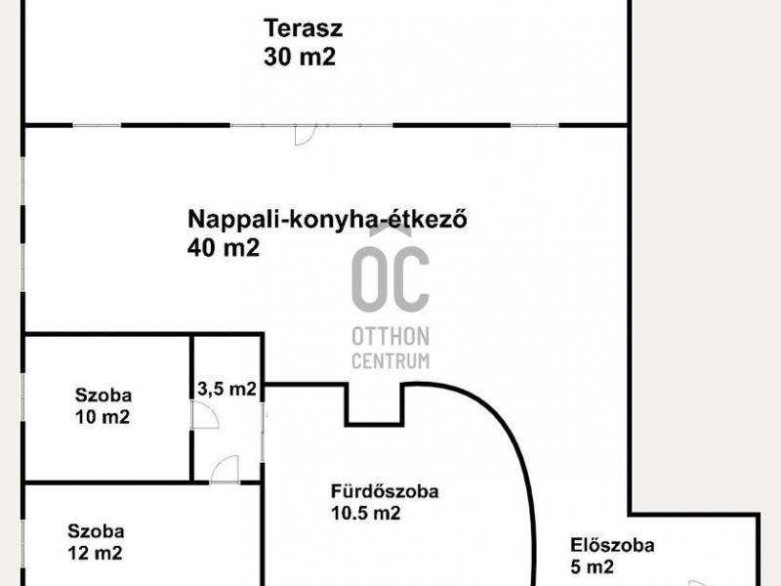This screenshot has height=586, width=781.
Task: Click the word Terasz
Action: (304, 27)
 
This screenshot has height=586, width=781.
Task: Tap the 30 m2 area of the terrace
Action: (299, 57)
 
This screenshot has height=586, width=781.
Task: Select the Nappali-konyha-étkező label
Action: (327, 219)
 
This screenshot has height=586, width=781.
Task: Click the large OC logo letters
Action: (390, 278)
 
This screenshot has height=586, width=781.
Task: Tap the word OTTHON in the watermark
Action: (390, 337)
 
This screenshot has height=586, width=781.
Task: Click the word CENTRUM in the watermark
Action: (390, 360)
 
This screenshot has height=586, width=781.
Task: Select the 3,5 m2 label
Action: (226, 389)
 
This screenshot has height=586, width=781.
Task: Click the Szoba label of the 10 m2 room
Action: (103, 396)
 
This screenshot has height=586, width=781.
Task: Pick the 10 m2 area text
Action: (103, 417)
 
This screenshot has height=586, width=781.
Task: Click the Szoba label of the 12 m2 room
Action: (96, 532)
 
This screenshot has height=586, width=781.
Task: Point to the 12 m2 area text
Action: (96, 554)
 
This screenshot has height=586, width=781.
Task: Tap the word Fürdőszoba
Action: (385, 491)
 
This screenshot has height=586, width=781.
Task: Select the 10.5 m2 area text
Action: (365, 514)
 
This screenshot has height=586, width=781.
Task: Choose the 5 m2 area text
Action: (592, 567)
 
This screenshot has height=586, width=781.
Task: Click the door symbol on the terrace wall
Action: (304, 135)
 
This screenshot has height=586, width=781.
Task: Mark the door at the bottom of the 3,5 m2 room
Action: (225, 467)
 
